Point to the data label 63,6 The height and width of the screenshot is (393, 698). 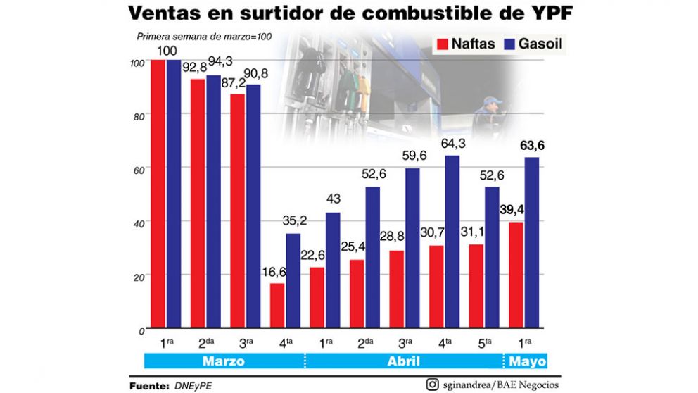point(532,146)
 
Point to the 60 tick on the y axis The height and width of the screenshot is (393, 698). point(139,170)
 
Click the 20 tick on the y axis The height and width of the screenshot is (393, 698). point(139,277)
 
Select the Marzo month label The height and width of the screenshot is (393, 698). point(224,361)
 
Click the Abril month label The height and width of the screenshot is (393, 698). point(404,361)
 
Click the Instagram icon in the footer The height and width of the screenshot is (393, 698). point(433,385)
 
